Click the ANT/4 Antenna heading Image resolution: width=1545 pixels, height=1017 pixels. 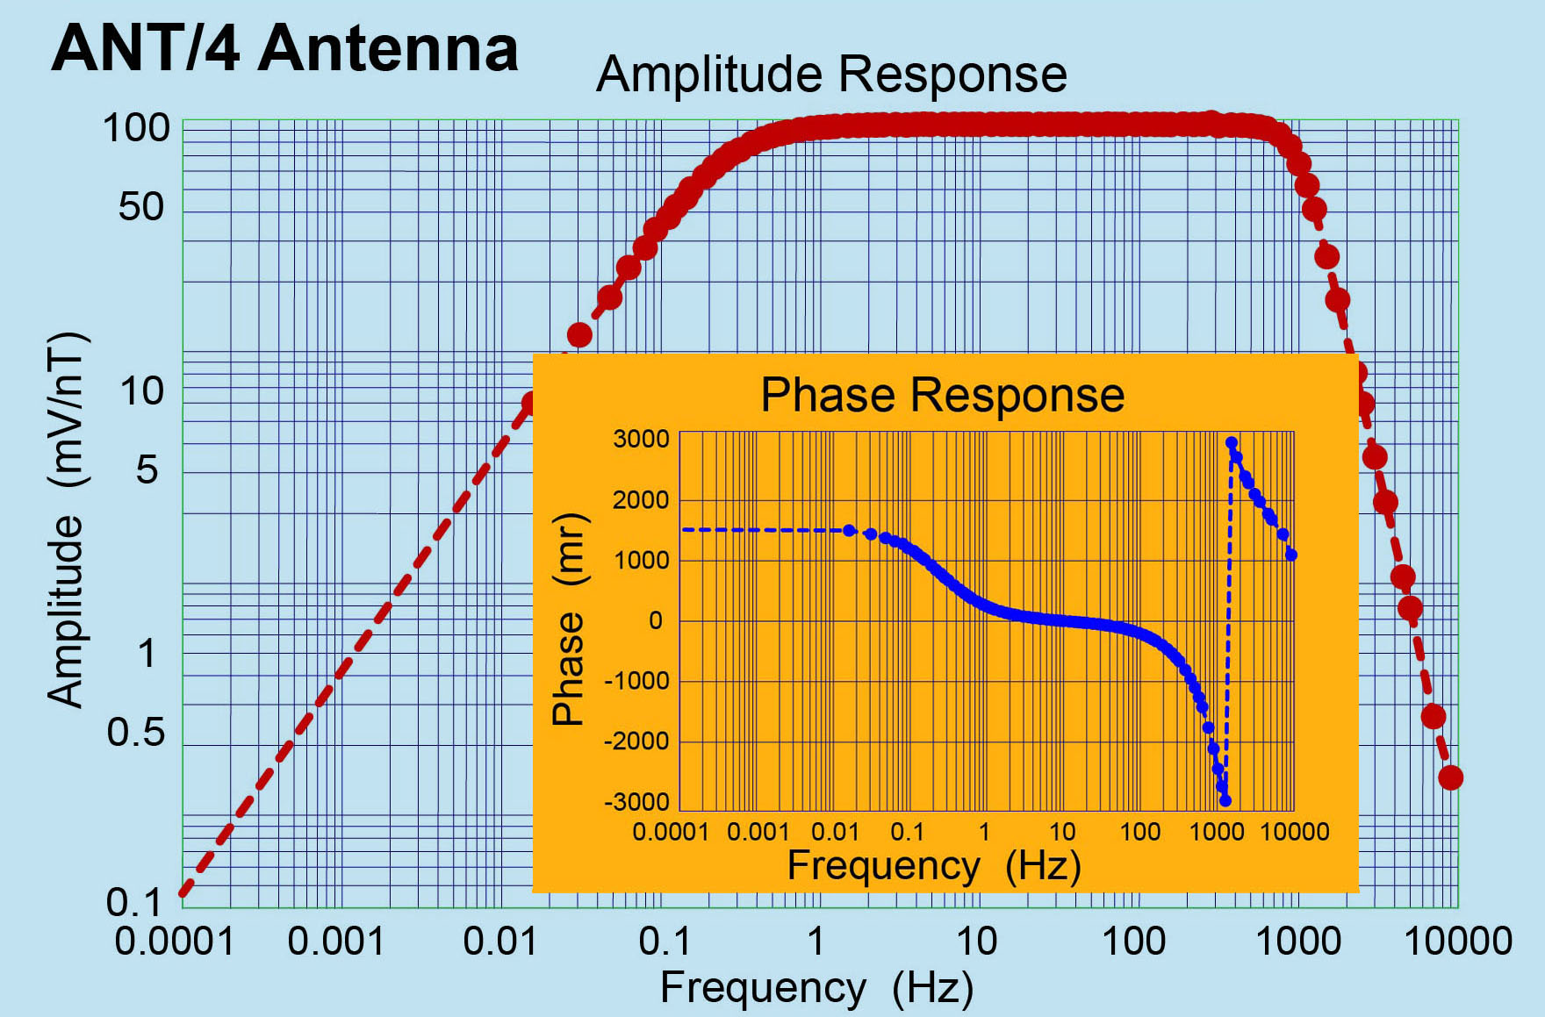coord(285,48)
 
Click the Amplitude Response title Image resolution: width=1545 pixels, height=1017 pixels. coord(831,74)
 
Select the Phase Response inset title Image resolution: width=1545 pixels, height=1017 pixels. coord(942,395)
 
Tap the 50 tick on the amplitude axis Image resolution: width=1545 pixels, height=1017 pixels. coord(141,208)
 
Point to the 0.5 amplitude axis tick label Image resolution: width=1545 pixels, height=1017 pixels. coord(136,732)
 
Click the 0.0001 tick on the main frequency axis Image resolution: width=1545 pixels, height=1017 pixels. coord(175,942)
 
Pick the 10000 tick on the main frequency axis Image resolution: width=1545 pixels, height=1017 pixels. coord(1458,942)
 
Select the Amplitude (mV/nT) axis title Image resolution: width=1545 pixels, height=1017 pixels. coord(67,519)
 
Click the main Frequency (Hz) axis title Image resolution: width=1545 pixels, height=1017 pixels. coord(816,988)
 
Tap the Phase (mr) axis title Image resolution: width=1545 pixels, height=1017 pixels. coord(570,619)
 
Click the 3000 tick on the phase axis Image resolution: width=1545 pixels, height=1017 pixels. coord(641,439)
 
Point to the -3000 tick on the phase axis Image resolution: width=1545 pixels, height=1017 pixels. coord(636,802)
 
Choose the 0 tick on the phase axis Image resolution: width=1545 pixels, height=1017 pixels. coord(656,621)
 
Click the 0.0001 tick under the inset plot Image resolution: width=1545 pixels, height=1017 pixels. coord(671,832)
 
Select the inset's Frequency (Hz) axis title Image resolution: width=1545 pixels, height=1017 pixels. coord(933,866)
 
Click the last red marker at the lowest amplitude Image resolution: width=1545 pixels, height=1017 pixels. coord(1450,777)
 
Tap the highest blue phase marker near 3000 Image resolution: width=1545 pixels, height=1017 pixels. coord(1232,443)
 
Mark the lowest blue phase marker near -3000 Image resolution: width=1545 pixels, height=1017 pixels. coord(1225,800)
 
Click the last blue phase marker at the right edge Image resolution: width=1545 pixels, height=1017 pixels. coord(1291,555)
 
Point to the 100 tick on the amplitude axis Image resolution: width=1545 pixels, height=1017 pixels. coord(136,129)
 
